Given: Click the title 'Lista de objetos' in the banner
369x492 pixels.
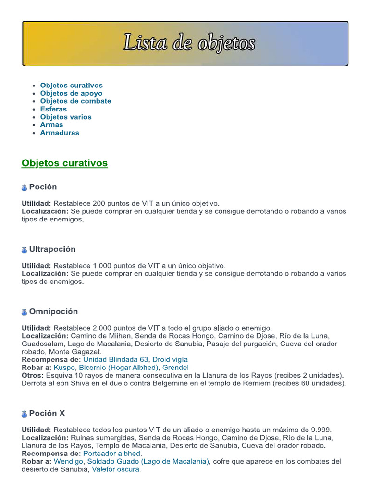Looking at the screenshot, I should [x=189, y=43].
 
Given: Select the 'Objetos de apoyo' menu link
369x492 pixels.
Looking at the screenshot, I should [x=71, y=93].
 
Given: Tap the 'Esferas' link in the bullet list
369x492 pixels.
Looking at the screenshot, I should [x=53, y=109].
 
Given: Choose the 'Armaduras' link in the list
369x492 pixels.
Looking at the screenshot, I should [x=60, y=133].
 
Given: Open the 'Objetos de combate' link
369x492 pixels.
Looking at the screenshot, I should [x=75, y=101].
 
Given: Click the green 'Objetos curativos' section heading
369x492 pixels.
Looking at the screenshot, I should [x=64, y=163].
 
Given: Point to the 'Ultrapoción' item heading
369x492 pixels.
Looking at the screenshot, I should [x=52, y=249].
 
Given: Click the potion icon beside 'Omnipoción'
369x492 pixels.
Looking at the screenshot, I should [x=25, y=312].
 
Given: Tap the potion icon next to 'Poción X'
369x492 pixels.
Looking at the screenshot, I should [x=25, y=414].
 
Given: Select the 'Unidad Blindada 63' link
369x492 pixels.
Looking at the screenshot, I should [x=116, y=359].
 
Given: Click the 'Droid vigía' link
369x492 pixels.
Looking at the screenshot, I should [x=170, y=359].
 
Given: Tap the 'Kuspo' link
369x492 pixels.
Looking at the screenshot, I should [x=64, y=368].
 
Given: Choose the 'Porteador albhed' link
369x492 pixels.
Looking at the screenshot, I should [x=112, y=454].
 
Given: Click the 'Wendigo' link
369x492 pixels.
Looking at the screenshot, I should [x=68, y=461].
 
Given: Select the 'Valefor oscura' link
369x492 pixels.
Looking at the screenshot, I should [x=116, y=469].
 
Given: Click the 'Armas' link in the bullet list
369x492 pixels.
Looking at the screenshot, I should [x=51, y=125].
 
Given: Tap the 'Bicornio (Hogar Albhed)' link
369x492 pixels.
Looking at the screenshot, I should [x=118, y=368].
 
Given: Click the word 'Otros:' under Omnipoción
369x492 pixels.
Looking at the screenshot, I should [x=33, y=375].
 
